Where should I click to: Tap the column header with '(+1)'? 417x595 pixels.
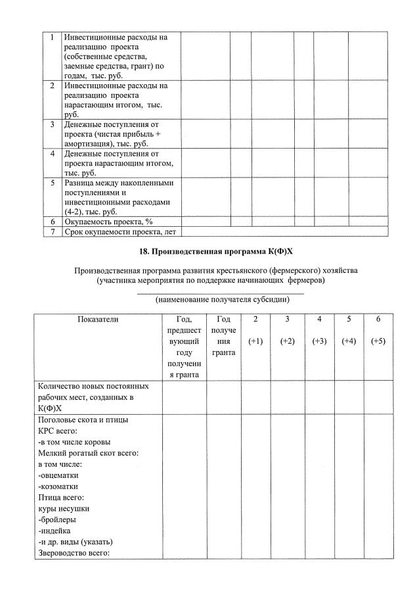point(255,341)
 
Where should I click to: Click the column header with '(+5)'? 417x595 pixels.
point(378,341)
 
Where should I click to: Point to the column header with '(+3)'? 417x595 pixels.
point(319,341)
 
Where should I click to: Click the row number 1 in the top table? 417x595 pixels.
point(52,37)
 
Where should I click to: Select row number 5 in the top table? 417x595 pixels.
point(52,182)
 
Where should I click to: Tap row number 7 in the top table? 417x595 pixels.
point(52,231)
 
